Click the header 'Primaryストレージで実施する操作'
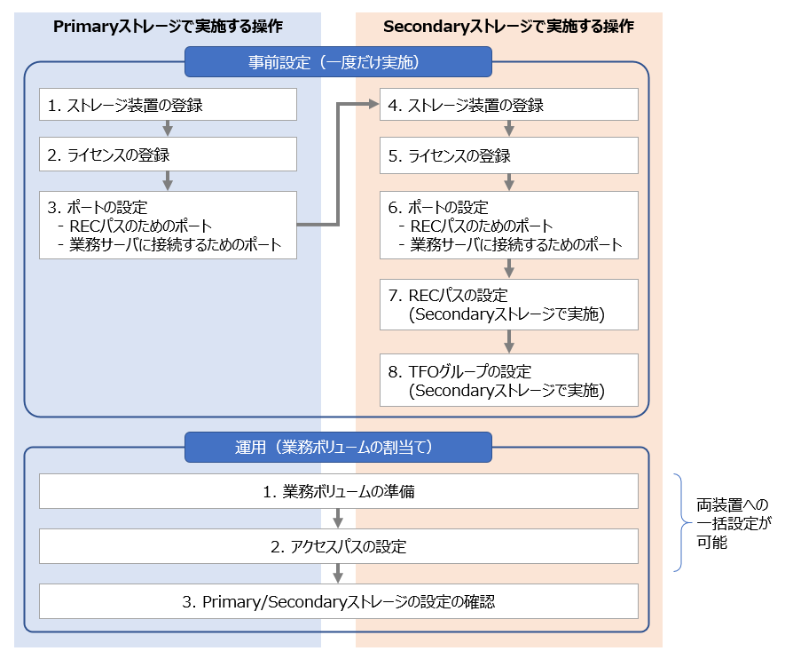coord(168,26)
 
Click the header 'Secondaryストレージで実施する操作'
coord(508,26)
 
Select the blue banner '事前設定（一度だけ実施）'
coord(338,62)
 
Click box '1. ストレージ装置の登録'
coord(168,105)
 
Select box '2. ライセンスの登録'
coord(168,155)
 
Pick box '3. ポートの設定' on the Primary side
coord(168,226)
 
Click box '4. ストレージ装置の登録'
coord(509,105)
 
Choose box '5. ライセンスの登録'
coord(509,156)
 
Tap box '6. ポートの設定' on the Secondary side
coord(509,226)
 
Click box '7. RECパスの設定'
coord(509,304)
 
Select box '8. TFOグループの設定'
coord(509,379)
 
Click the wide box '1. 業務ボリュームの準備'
coord(338,491)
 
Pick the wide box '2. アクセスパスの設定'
coord(338,546)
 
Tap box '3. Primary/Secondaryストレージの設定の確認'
coord(338,601)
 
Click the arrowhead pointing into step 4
coord(373,104)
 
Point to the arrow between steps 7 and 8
coord(509,341)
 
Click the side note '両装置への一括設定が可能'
coord(733,523)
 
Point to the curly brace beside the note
coord(680,523)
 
